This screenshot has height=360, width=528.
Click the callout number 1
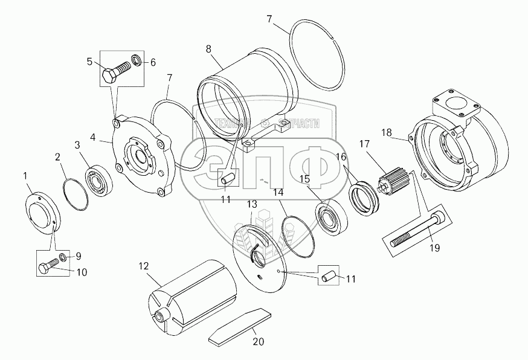25,176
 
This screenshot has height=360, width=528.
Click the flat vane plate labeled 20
239,327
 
